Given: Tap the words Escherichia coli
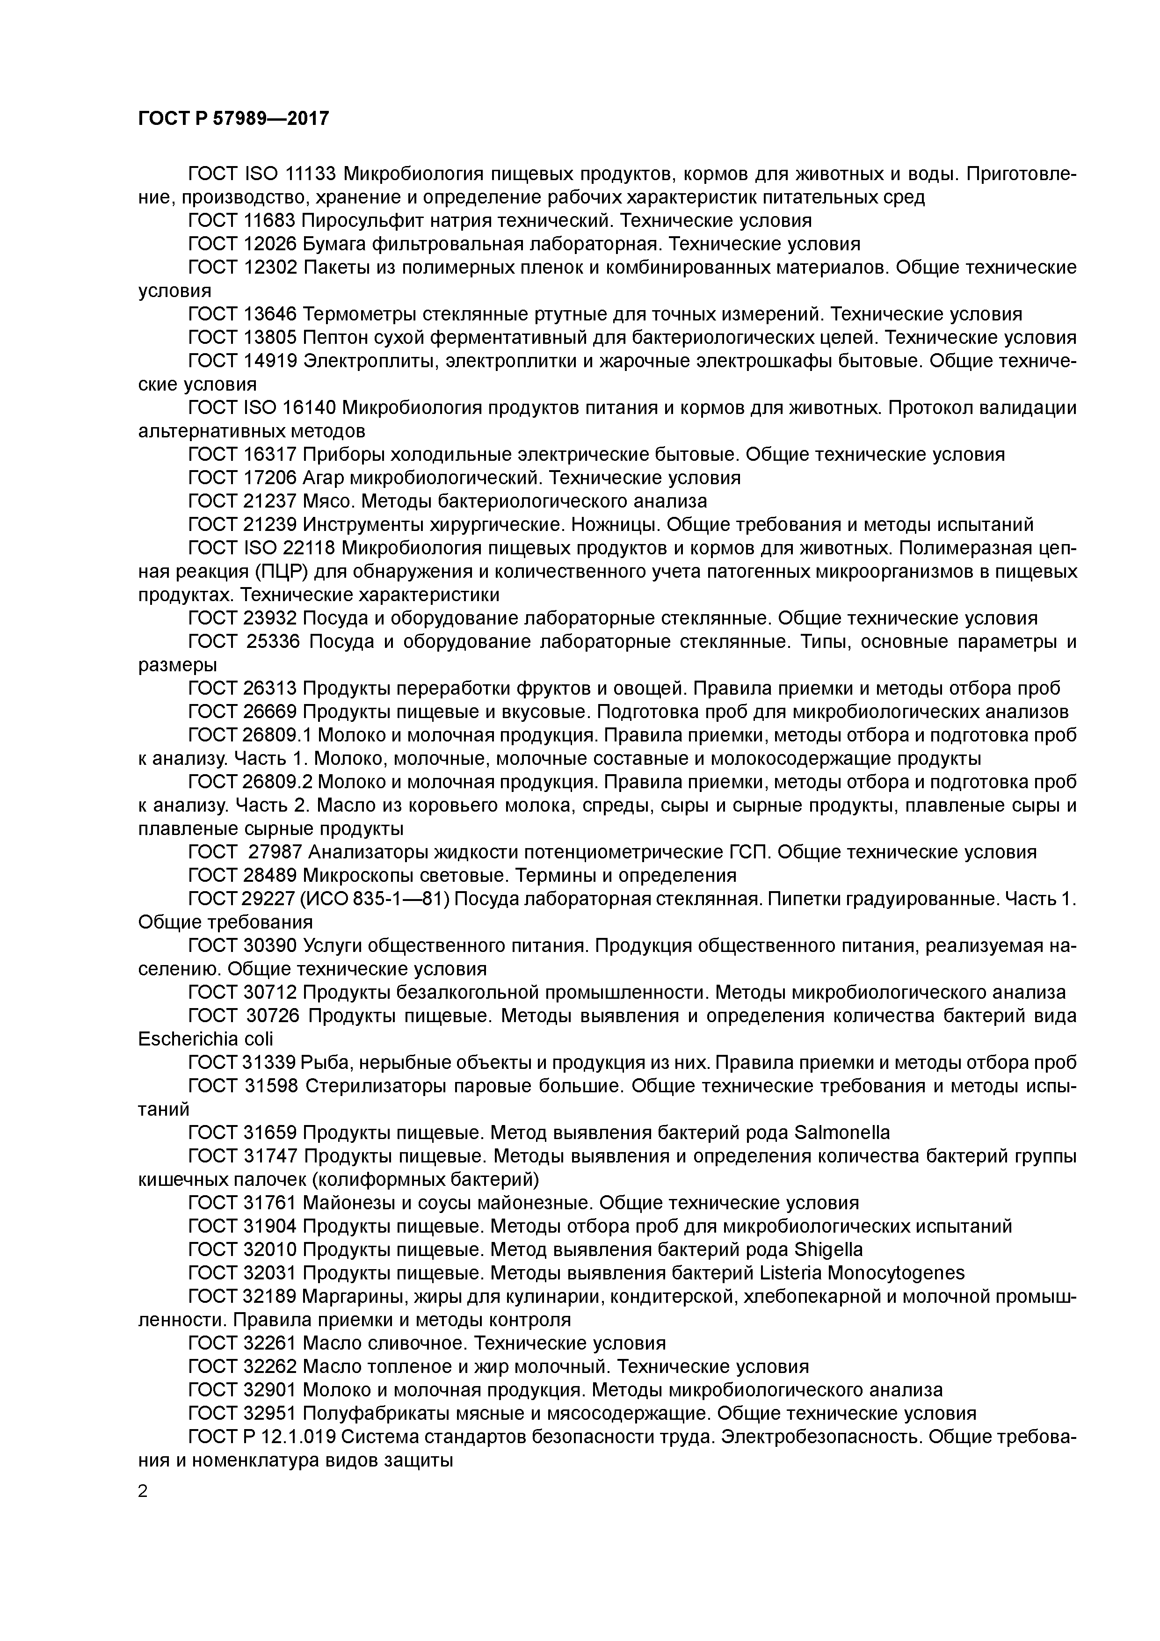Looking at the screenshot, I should pyautogui.click(x=205, y=1038).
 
